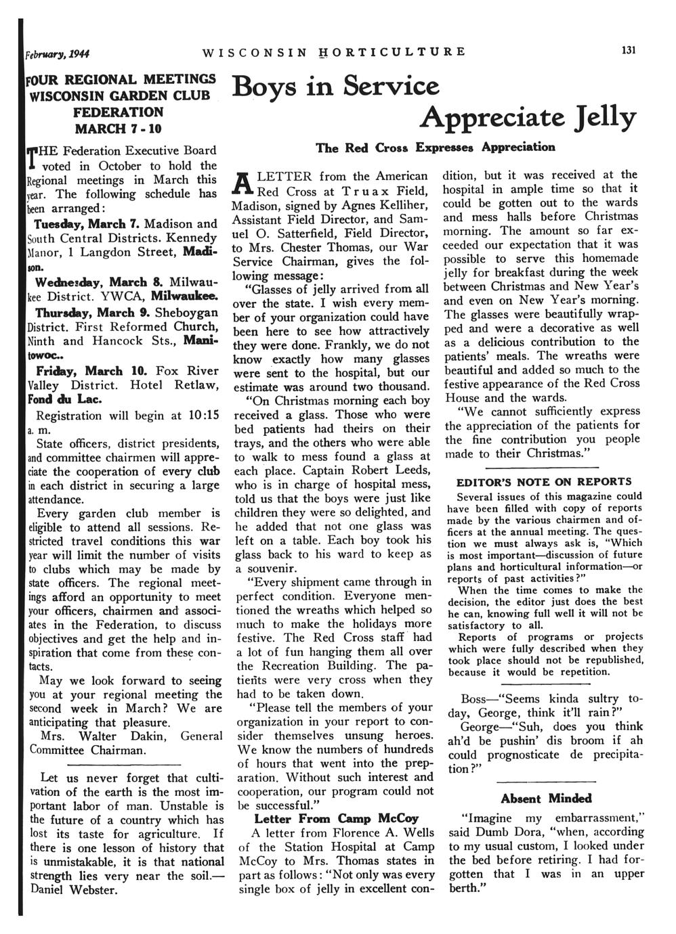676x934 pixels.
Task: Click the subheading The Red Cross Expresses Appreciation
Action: click(x=436, y=147)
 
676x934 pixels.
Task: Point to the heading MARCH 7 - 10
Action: click(x=123, y=127)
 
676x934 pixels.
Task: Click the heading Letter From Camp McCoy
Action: click(x=336, y=818)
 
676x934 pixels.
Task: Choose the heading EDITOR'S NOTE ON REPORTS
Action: click(x=544, y=482)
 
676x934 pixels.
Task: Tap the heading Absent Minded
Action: click(x=546, y=798)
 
